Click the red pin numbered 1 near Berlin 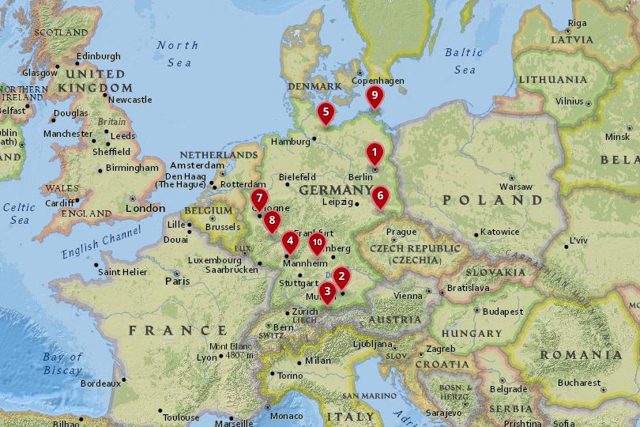(x=374, y=153)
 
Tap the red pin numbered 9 (x=375, y=96)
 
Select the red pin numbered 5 (x=325, y=113)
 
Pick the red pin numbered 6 (x=380, y=195)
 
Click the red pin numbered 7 (x=258, y=199)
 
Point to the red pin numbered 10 (x=317, y=243)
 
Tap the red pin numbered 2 (x=341, y=276)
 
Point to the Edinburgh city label (x=99, y=56)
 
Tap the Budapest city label (x=503, y=312)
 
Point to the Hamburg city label (x=288, y=142)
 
